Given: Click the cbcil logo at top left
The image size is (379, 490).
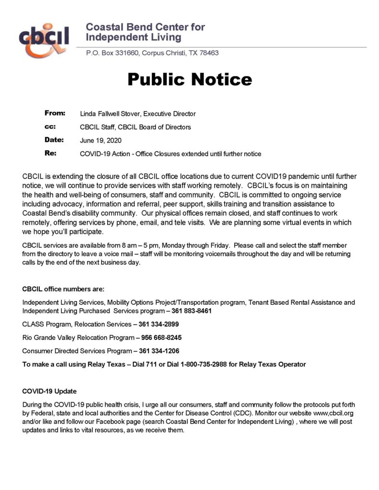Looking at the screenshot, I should click(x=44, y=39).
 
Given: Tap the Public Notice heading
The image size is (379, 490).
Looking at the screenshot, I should click(x=189, y=79).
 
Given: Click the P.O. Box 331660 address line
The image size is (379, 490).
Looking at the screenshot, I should click(x=152, y=53).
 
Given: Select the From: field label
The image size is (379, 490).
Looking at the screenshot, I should click(x=55, y=113).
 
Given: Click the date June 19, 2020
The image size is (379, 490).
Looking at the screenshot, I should click(x=101, y=141).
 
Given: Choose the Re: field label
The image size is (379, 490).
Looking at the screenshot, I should click(x=50, y=154).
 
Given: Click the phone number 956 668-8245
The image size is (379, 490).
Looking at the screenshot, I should click(x=161, y=337).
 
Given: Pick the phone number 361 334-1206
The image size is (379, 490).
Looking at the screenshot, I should click(x=159, y=351).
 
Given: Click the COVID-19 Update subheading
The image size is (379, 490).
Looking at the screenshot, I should click(x=49, y=391).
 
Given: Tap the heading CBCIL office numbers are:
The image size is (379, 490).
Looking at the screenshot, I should click(x=63, y=289).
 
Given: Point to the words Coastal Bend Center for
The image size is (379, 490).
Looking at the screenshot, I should click(x=145, y=27).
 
